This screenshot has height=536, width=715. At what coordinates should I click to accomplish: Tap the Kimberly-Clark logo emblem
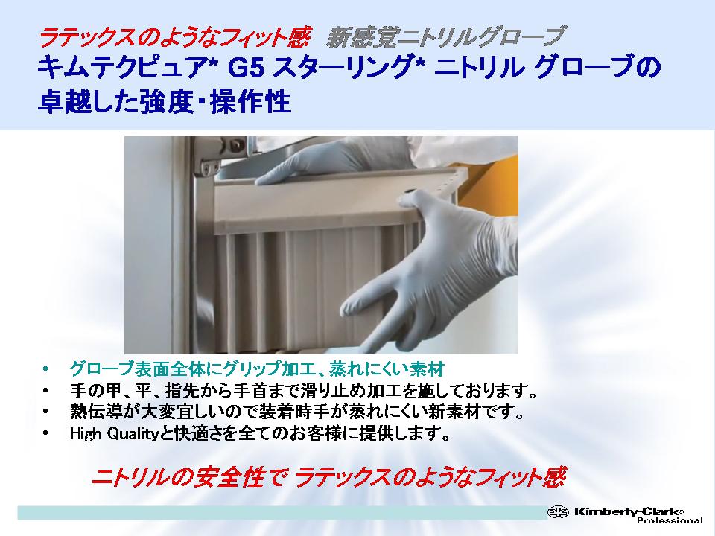pyautogui.click(x=558, y=512)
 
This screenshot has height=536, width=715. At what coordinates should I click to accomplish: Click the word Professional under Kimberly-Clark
pyautogui.click(x=670, y=520)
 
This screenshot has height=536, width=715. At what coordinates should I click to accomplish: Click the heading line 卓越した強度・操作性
pyautogui.click(x=165, y=101)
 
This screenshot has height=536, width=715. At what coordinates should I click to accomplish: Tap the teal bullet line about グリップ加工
pyautogui.click(x=257, y=368)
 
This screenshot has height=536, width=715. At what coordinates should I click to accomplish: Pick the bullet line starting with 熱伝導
pyautogui.click(x=297, y=412)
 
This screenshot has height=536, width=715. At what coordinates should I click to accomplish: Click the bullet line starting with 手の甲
pyautogui.click(x=303, y=391)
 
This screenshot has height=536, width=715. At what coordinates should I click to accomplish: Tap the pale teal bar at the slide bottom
pyautogui.click(x=283, y=513)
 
